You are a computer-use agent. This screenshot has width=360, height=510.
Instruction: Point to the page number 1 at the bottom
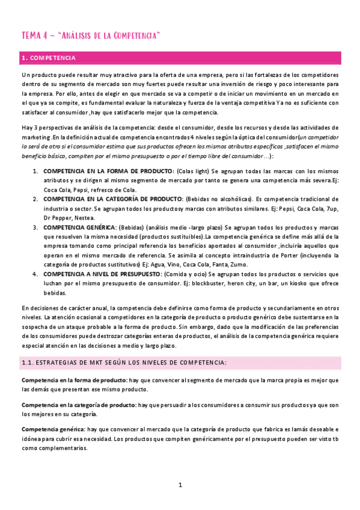click(180, 485)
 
